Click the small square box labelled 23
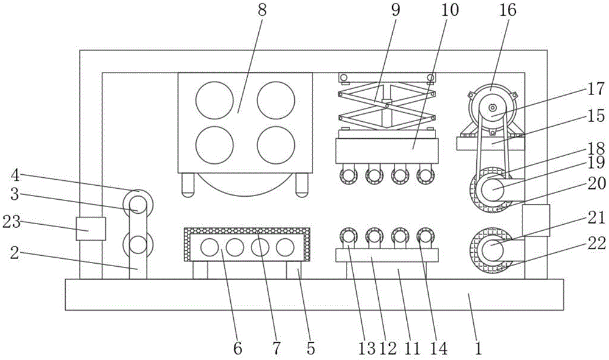[x=91, y=228]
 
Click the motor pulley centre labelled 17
[x=491, y=108]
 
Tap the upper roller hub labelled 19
[x=492, y=190]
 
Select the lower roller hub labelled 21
[x=492, y=251]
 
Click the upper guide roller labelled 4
[x=138, y=200]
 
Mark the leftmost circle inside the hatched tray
[x=209, y=247]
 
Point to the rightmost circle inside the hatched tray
[x=284, y=247]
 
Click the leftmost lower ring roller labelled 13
[x=349, y=236]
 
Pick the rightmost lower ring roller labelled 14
[x=425, y=236]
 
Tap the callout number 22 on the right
[x=597, y=243]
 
